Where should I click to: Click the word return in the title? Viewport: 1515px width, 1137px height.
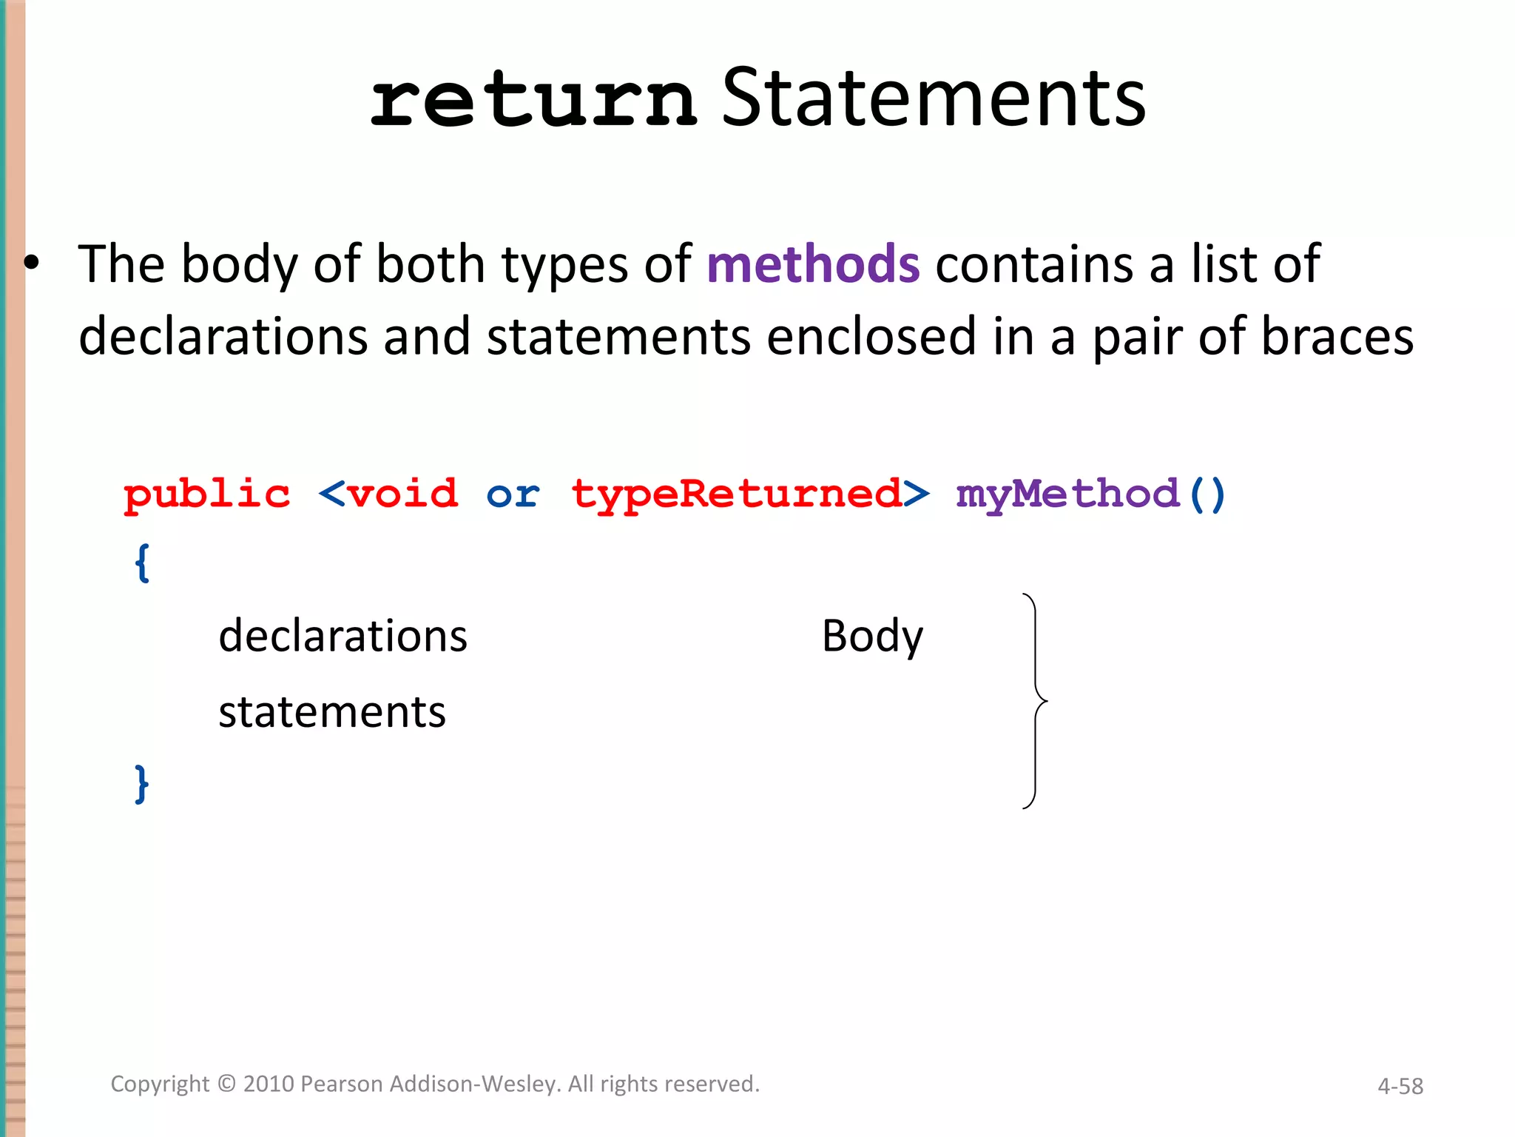coord(533,100)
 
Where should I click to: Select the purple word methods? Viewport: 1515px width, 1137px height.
coord(813,264)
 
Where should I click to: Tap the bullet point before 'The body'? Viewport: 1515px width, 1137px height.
coord(31,264)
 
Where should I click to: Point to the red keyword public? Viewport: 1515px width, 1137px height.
coord(207,494)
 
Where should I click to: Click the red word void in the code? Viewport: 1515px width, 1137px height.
coord(403,494)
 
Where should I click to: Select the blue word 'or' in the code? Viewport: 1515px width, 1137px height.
coord(513,494)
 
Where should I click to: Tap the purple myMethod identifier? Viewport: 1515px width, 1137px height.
coord(1067,494)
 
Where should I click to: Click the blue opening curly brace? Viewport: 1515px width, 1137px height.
coord(142,563)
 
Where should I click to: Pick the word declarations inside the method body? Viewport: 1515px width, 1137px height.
coord(343,636)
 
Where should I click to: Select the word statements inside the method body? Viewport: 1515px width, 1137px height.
coord(332,712)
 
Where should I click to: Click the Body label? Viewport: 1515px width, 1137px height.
coord(873,636)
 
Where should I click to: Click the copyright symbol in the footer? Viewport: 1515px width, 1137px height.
coord(226,1084)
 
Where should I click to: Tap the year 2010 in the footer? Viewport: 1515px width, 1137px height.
coord(269,1084)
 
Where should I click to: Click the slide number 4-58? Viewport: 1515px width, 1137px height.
coord(1400,1086)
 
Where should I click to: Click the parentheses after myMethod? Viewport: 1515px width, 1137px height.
coord(1207,494)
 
